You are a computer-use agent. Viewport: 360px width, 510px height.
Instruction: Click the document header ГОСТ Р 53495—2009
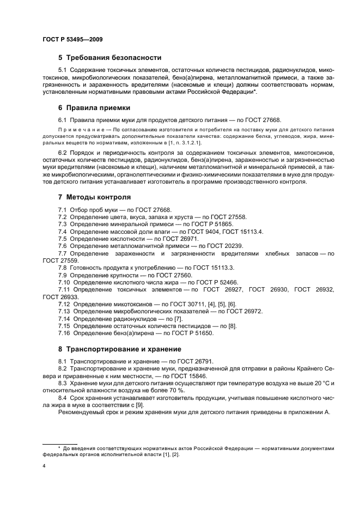[x=72, y=39]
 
